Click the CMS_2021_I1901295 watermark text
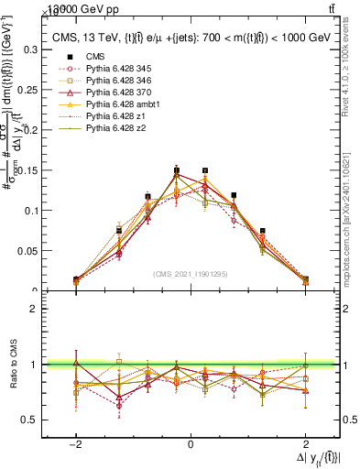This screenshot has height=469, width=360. [190, 274]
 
